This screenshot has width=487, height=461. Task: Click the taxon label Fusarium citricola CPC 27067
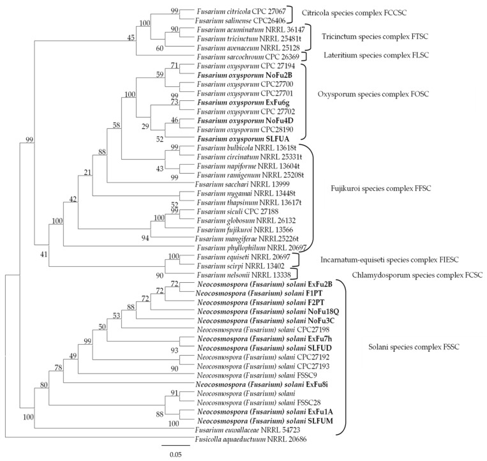[x=236, y=12]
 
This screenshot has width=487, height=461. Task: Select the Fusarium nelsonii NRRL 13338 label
[x=236, y=274]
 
